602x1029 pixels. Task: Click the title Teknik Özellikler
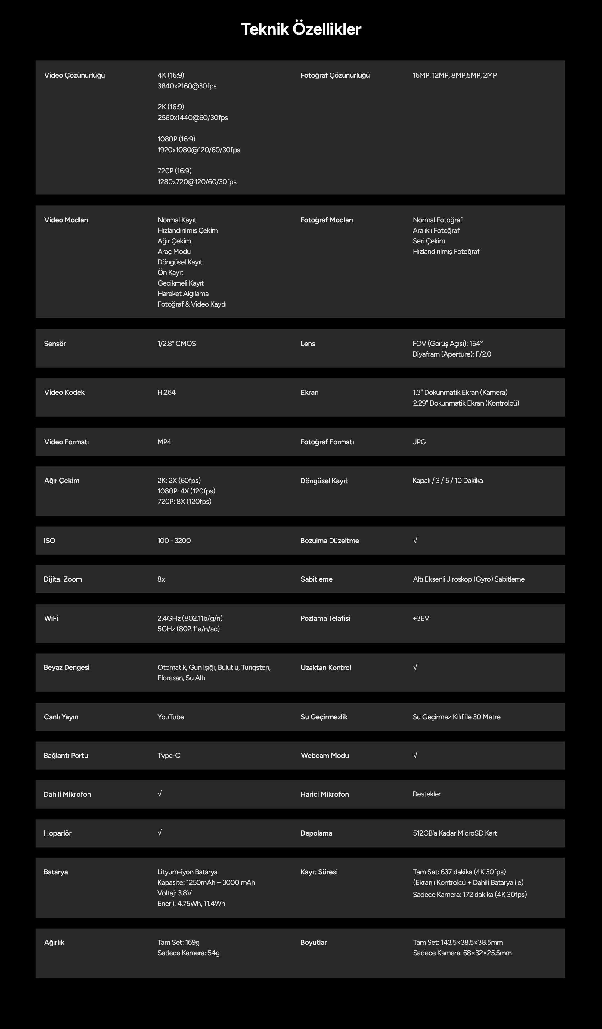[301, 29]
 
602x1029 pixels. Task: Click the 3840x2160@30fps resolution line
[187, 86]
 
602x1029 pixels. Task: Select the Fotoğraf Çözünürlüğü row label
[335, 75]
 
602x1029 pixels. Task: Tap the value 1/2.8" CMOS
[176, 343]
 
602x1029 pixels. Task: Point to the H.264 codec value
[166, 392]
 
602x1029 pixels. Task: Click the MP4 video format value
[164, 442]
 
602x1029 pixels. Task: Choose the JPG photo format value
[419, 442]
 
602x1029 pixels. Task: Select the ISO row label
[49, 540]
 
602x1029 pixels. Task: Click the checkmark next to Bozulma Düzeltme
[415, 540]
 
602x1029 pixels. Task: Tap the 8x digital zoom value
[161, 579]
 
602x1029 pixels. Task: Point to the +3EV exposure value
[421, 618]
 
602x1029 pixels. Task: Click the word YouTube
[171, 717]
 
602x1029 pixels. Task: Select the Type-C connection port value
[169, 756]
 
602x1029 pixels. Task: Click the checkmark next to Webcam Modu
[415, 755]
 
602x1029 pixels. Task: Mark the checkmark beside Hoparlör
[160, 833]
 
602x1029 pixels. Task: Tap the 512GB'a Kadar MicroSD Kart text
[455, 833]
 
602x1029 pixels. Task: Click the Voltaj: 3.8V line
[174, 893]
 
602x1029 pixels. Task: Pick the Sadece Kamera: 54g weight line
[188, 953]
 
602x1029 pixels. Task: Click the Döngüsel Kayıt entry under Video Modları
[180, 262]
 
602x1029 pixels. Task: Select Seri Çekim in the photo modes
[429, 241]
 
